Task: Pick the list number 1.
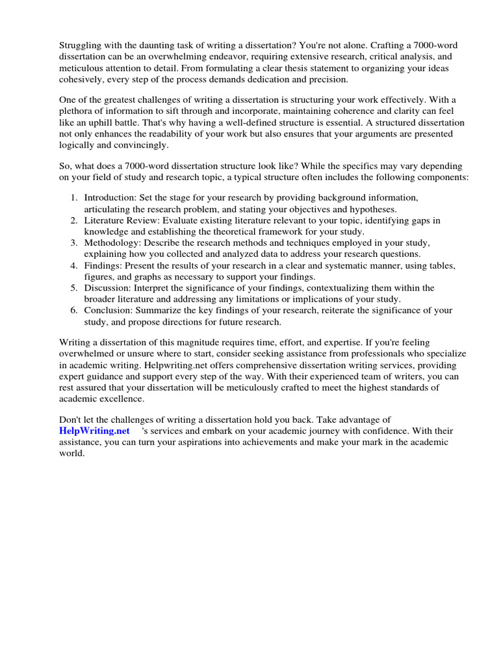tap(74, 197)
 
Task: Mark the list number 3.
tap(74, 243)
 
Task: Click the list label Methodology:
tap(113, 243)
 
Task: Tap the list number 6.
tap(74, 310)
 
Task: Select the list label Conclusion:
tap(110, 310)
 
